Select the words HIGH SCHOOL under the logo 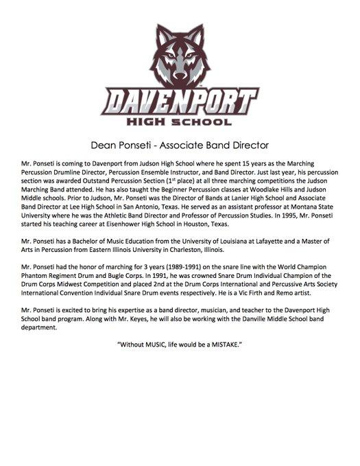click(180, 124)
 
